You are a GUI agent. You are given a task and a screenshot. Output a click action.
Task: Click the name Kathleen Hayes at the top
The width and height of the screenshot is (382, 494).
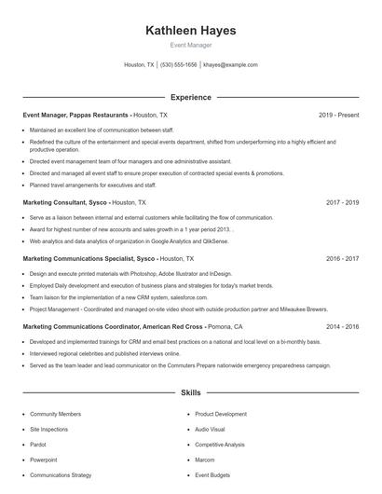pos(190,30)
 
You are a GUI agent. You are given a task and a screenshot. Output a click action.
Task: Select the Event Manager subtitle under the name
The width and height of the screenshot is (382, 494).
pos(190,45)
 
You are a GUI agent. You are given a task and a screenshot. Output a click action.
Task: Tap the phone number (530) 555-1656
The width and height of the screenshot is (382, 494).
pos(179,65)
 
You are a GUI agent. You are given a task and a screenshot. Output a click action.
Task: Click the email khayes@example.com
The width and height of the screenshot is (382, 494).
pos(230,65)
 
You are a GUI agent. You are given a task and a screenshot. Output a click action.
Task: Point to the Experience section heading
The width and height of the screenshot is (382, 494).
pos(190,97)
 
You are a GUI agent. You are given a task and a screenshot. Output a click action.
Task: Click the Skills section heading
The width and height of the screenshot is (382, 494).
pos(190,394)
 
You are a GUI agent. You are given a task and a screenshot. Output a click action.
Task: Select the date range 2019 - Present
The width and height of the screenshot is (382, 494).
pos(338,115)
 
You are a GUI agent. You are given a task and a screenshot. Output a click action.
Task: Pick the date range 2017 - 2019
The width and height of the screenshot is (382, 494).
pos(342,201)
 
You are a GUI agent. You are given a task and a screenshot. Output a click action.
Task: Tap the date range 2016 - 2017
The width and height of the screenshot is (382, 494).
pos(342,258)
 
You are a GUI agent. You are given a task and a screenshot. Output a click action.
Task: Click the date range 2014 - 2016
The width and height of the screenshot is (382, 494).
pos(342,327)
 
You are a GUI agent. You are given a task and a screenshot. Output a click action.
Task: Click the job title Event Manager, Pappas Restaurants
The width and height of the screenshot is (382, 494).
pos(75,115)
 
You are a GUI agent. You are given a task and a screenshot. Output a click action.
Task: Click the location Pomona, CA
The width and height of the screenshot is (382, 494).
pos(225,327)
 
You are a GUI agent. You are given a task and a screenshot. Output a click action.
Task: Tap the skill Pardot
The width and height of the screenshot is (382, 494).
pos(39,445)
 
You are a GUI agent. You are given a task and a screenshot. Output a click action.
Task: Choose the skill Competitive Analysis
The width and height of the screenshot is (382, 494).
pos(220,445)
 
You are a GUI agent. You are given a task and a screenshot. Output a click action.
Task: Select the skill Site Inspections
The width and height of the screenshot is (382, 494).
pos(49,429)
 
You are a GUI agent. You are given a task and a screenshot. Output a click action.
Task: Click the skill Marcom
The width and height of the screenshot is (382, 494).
pos(206,460)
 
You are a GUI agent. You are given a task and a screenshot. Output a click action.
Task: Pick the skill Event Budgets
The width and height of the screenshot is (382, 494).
pos(212,475)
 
